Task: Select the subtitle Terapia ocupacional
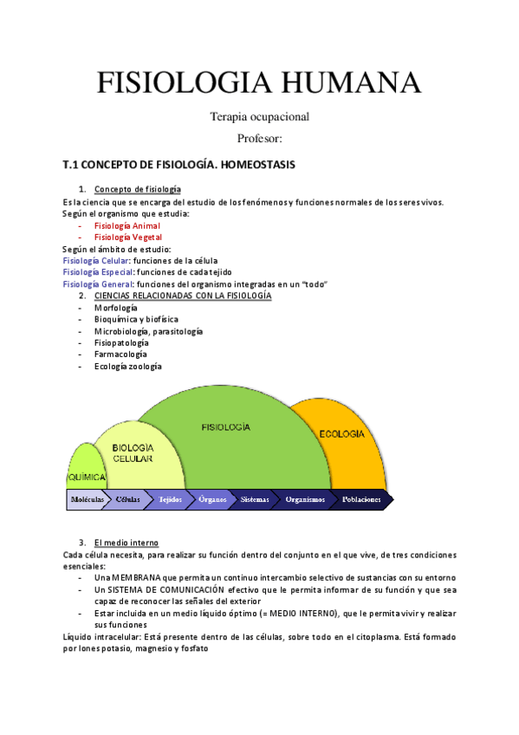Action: [x=259, y=116]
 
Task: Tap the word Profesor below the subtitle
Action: [x=259, y=138]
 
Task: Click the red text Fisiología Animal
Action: [x=127, y=225]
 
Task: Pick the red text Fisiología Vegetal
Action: [x=128, y=237]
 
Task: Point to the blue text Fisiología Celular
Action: [x=96, y=260]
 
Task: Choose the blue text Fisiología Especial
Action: [x=99, y=272]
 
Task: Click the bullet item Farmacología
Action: [x=120, y=354]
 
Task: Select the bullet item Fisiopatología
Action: [x=121, y=342]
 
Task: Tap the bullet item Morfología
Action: [x=116, y=308]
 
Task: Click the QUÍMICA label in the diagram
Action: [x=87, y=478]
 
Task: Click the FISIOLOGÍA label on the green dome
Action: [x=226, y=427]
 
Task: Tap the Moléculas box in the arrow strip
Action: [x=87, y=500]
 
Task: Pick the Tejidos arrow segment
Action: [x=169, y=500]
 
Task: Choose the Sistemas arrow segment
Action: [x=255, y=500]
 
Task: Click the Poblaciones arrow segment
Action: [x=361, y=500]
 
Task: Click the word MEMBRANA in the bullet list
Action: [x=127, y=577]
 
